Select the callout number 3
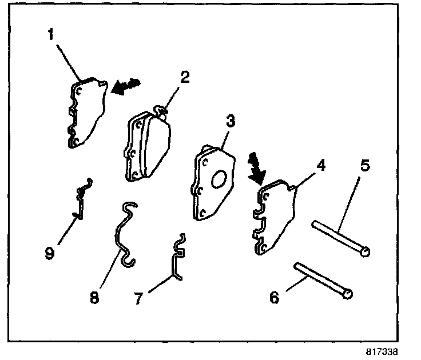coord(230,121)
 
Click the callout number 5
coord(365,167)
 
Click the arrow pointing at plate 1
coord(126,86)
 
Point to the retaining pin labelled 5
coord(340,238)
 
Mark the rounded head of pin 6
coord(348,293)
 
